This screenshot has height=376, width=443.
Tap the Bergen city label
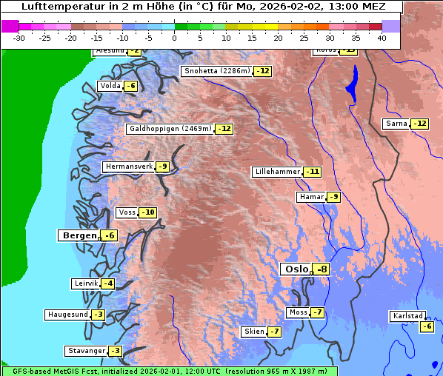click(78, 235)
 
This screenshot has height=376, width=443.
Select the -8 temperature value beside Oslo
click(321, 269)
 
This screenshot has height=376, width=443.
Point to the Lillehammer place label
click(277, 172)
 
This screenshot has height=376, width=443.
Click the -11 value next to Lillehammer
click(313, 172)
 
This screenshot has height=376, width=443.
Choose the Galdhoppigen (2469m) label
click(170, 129)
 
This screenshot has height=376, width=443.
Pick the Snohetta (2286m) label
click(216, 71)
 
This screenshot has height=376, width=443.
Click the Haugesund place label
click(68, 315)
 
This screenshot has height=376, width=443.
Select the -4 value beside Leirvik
click(108, 283)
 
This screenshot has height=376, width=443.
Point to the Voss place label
click(127, 212)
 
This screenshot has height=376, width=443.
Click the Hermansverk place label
click(129, 167)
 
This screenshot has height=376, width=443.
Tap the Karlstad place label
click(408, 316)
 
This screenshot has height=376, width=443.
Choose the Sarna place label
click(396, 124)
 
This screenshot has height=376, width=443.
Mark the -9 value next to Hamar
click(334, 197)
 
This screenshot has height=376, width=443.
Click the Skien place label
click(254, 332)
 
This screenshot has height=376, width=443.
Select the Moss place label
click(298, 312)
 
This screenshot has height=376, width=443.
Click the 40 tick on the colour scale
click(382, 37)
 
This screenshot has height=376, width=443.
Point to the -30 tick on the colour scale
click(19, 37)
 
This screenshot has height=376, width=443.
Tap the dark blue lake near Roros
click(350, 83)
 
